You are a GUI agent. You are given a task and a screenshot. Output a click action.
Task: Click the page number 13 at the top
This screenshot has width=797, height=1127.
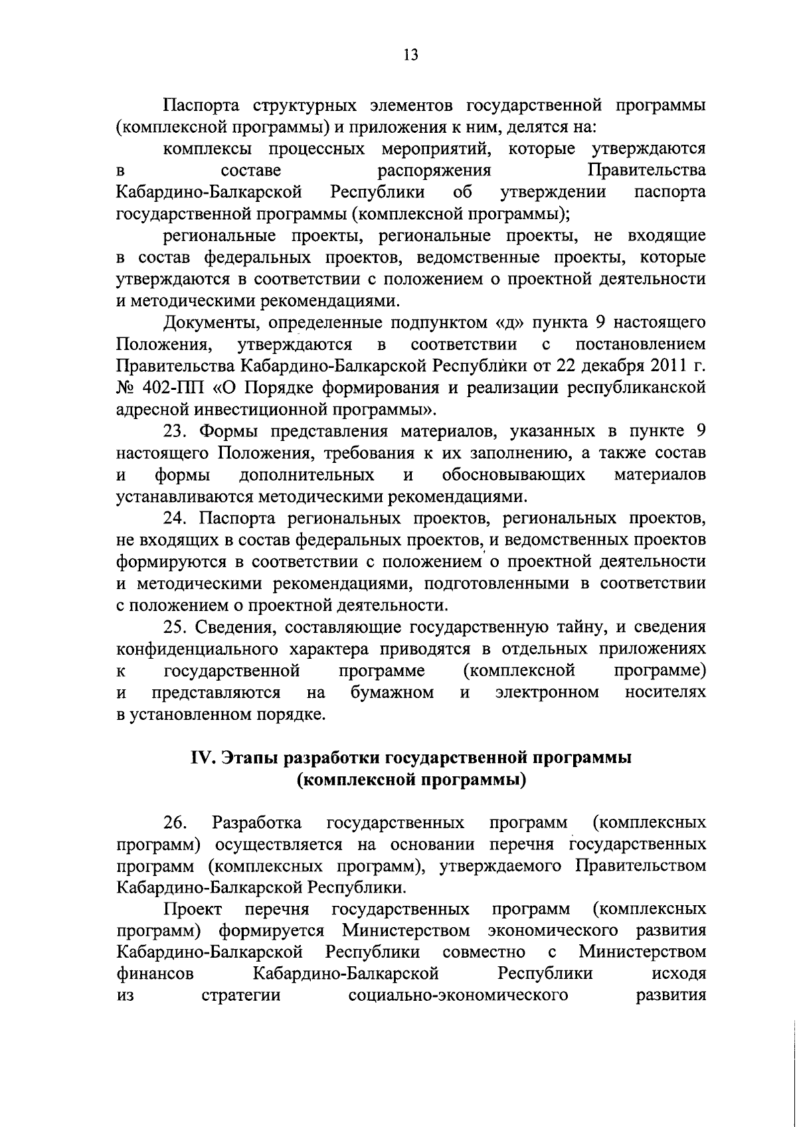coord(410,56)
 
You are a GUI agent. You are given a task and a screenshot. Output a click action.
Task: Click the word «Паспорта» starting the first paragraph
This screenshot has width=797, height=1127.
coord(203,106)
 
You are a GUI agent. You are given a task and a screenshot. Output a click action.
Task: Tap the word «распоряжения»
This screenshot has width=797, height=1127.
coord(434,171)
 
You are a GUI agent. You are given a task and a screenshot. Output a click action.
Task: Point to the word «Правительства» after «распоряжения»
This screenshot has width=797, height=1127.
coord(647,171)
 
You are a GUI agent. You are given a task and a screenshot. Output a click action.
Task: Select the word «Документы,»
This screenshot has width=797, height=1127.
coord(207,323)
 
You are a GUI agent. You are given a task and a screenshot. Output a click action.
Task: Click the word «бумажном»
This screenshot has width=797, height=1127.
coord(392,693)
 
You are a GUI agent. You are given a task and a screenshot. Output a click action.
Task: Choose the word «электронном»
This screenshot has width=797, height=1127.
coord(548,693)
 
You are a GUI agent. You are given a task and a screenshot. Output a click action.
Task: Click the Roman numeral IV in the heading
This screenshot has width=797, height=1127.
coord(201,758)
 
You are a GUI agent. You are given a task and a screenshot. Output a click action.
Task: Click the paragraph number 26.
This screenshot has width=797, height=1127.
coord(175,824)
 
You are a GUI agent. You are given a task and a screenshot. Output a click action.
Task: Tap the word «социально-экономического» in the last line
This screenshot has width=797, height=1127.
coord(458,996)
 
